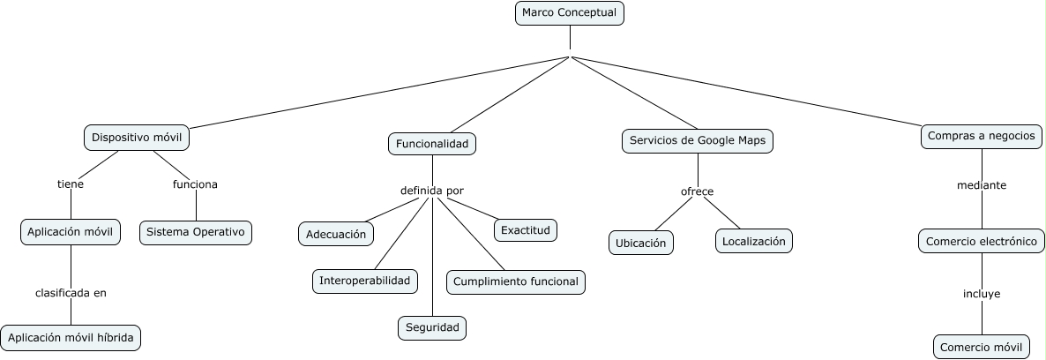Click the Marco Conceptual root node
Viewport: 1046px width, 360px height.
click(569, 13)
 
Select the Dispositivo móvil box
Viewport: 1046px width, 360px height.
click(137, 138)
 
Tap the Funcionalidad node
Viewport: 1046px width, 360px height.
click(432, 144)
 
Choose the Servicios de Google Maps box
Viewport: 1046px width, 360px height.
click(698, 140)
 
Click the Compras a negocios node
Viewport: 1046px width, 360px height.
click(982, 137)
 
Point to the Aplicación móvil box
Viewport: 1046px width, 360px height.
click(71, 232)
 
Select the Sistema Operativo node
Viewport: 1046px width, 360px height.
click(196, 232)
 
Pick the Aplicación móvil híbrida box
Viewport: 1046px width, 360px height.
click(71, 337)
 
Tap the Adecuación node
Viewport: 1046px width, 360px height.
click(335, 234)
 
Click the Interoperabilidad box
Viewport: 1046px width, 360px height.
click(365, 281)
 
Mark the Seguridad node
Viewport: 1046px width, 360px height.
click(431, 327)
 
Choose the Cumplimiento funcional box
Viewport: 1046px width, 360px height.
click(516, 281)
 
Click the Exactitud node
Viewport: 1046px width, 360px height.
click(525, 230)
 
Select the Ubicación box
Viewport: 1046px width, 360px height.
click(641, 243)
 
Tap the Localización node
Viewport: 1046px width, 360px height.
click(753, 240)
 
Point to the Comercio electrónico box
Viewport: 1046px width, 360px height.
click(981, 241)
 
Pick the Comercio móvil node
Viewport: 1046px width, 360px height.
click(981, 347)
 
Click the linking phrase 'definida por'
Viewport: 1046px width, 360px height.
click(431, 191)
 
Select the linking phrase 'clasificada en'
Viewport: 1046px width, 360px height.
click(71, 293)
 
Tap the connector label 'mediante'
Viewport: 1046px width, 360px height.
click(982, 185)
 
